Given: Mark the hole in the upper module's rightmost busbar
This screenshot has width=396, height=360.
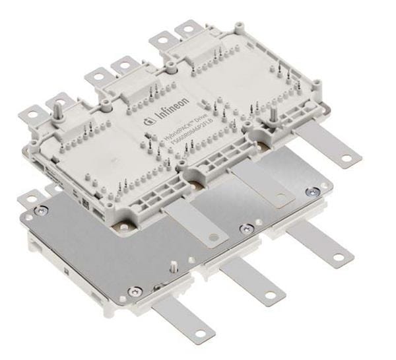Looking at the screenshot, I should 347,156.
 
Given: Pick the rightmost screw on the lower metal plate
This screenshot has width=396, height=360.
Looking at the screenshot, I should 309,192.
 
